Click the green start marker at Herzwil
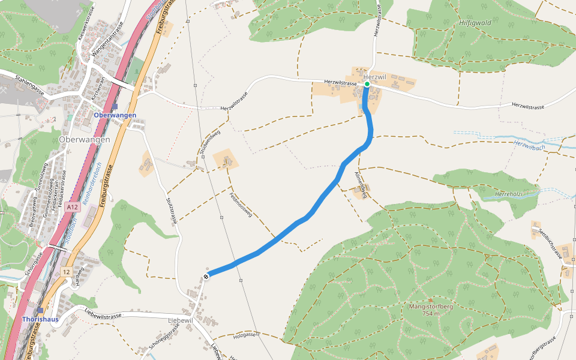[367, 84]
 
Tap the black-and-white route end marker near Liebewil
[206, 276]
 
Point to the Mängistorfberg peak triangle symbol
[430, 300]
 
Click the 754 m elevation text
[431, 314]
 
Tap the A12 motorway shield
[73, 207]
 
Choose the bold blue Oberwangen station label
[115, 115]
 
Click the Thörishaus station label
[40, 319]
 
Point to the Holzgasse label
[247, 334]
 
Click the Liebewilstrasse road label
[103, 313]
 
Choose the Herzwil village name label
[374, 77]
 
